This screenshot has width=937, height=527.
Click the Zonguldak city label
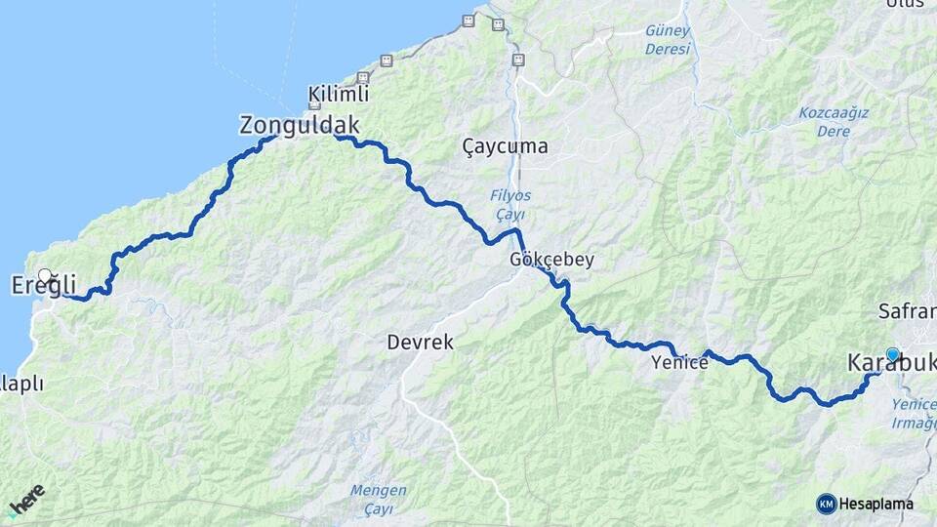(300, 125)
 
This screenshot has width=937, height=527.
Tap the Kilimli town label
(339, 95)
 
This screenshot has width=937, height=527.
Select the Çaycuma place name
(505, 146)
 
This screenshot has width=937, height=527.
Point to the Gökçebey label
(551, 261)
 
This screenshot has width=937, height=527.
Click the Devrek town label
(420, 343)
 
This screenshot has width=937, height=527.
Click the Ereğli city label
(43, 286)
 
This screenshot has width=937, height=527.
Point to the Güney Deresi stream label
(668, 40)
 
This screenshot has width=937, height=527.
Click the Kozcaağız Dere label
(834, 122)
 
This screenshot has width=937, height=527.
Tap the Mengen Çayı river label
(379, 500)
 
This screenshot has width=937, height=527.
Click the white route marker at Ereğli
(45, 275)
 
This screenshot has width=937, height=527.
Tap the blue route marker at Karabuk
(892, 354)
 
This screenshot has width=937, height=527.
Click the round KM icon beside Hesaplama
(826, 504)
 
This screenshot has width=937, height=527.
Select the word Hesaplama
(876, 504)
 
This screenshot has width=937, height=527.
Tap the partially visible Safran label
(907, 312)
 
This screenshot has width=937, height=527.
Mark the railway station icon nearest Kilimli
(363, 77)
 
